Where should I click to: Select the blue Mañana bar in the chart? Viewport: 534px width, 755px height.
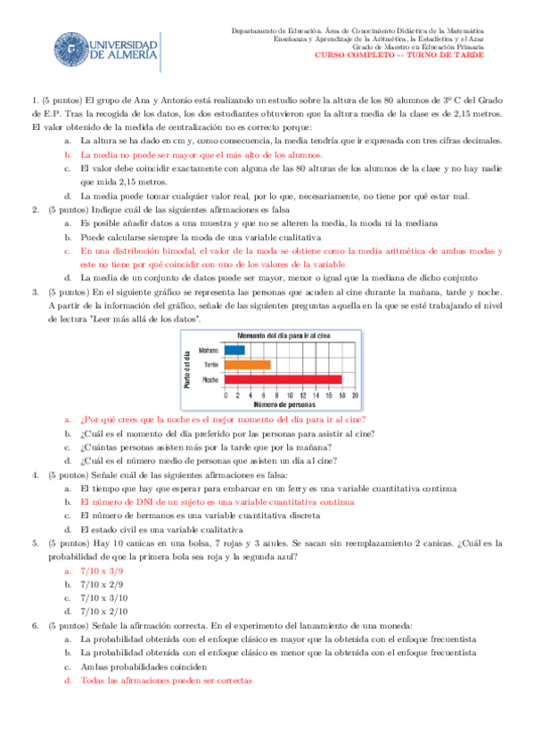point(235,350)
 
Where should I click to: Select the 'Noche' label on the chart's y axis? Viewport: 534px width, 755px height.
point(211,380)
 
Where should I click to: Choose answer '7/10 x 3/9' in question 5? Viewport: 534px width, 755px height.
point(98,571)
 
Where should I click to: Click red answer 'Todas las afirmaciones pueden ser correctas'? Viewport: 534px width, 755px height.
point(166,680)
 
